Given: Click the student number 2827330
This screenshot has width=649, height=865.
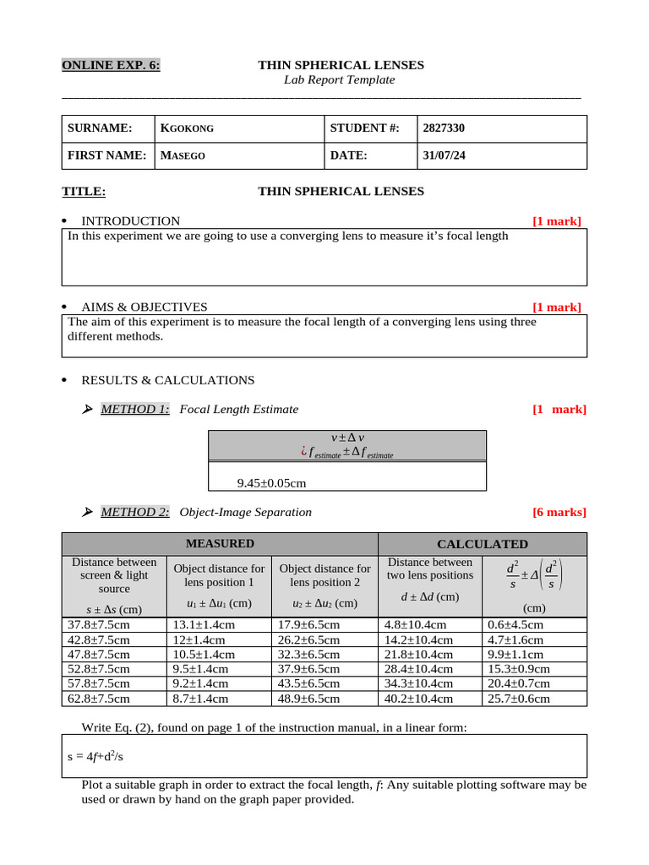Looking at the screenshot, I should tap(444, 128).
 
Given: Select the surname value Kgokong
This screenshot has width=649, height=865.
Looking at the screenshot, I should tap(187, 128).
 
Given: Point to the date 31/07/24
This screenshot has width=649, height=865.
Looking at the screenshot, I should tap(444, 155).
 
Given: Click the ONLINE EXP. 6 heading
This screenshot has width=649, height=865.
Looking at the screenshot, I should tap(111, 65).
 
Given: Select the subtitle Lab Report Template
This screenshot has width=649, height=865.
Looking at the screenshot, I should tap(339, 79).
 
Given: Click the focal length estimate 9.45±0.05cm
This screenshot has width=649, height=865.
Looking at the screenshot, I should tap(271, 483).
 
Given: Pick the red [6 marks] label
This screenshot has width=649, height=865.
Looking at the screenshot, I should tap(559, 512).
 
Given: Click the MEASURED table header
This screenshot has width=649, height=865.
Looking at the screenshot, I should tap(220, 543).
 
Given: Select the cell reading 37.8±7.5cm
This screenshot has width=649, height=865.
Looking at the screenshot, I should tap(99, 625).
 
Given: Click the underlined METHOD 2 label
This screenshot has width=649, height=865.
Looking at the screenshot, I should tap(134, 512).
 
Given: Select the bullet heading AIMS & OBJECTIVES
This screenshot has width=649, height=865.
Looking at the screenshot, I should tap(144, 307).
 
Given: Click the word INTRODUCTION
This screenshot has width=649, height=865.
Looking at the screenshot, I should tap(130, 221).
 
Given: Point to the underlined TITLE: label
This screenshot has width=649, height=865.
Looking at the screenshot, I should tap(84, 191).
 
